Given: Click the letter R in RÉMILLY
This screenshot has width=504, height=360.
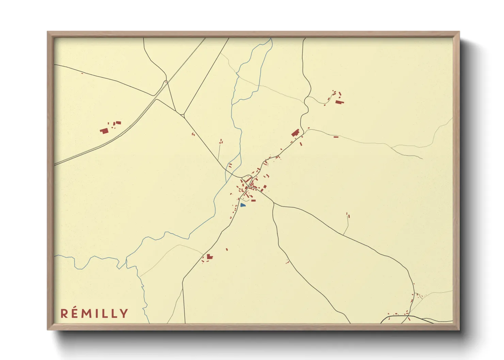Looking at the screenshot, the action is click(x=64, y=313).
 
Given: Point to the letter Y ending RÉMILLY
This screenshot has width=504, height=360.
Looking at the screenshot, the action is click(x=124, y=313).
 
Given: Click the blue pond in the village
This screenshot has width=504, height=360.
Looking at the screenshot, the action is click(x=242, y=205).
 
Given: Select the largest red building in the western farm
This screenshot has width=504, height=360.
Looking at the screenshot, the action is click(x=104, y=130).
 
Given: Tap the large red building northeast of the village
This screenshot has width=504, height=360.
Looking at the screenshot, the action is click(x=295, y=133).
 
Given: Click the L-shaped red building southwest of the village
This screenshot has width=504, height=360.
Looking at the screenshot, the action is click(x=209, y=256).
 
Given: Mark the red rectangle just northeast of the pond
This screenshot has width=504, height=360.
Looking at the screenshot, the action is click(x=253, y=200).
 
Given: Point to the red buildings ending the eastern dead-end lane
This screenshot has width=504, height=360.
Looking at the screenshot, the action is click(x=348, y=215).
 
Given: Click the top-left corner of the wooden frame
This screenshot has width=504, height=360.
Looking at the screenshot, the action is click(x=48, y=32).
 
